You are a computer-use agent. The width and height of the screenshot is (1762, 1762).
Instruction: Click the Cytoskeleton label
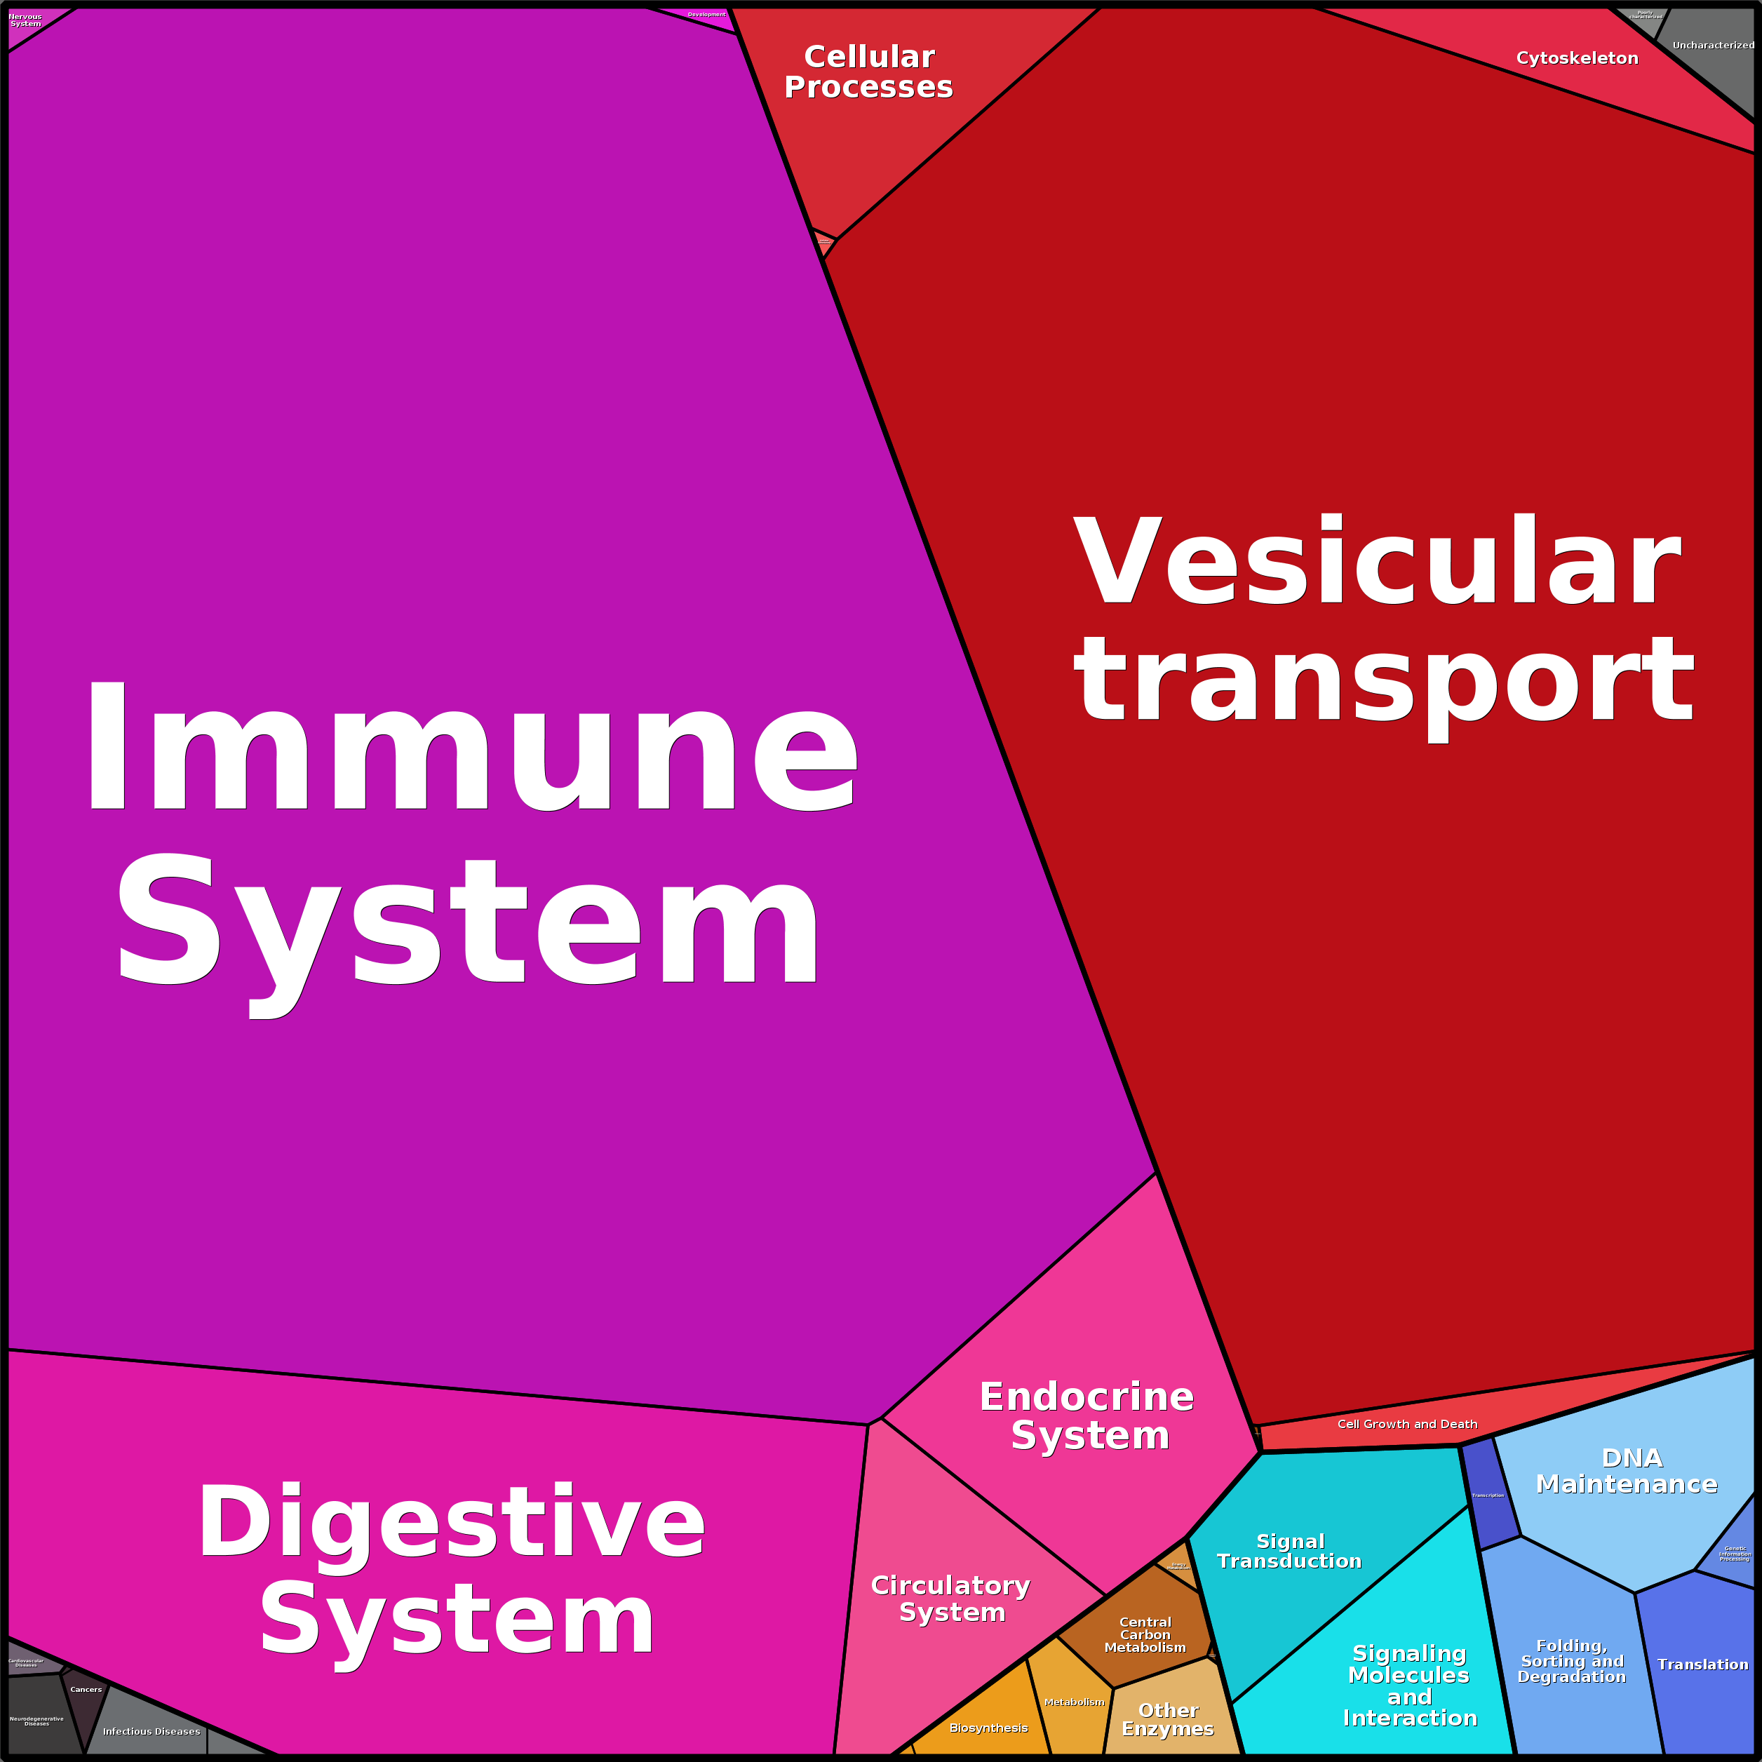pos(1577,58)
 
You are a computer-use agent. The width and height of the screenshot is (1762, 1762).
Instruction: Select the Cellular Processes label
pos(868,72)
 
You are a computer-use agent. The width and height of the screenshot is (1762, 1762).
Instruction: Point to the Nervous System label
pos(25,20)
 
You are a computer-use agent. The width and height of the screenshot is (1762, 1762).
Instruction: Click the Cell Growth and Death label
pos(1407,1424)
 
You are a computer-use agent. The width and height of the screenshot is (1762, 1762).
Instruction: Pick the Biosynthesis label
pos(988,1728)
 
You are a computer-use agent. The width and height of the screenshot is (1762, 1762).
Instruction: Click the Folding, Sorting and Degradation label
pos(1571,1661)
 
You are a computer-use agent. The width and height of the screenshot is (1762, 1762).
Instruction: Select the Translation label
pos(1702,1665)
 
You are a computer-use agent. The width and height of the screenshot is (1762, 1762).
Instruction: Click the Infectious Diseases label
pos(152,1731)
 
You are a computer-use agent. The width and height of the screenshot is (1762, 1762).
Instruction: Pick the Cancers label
pos(86,1689)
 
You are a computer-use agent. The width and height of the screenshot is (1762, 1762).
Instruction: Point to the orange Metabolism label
pos(1073,1702)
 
